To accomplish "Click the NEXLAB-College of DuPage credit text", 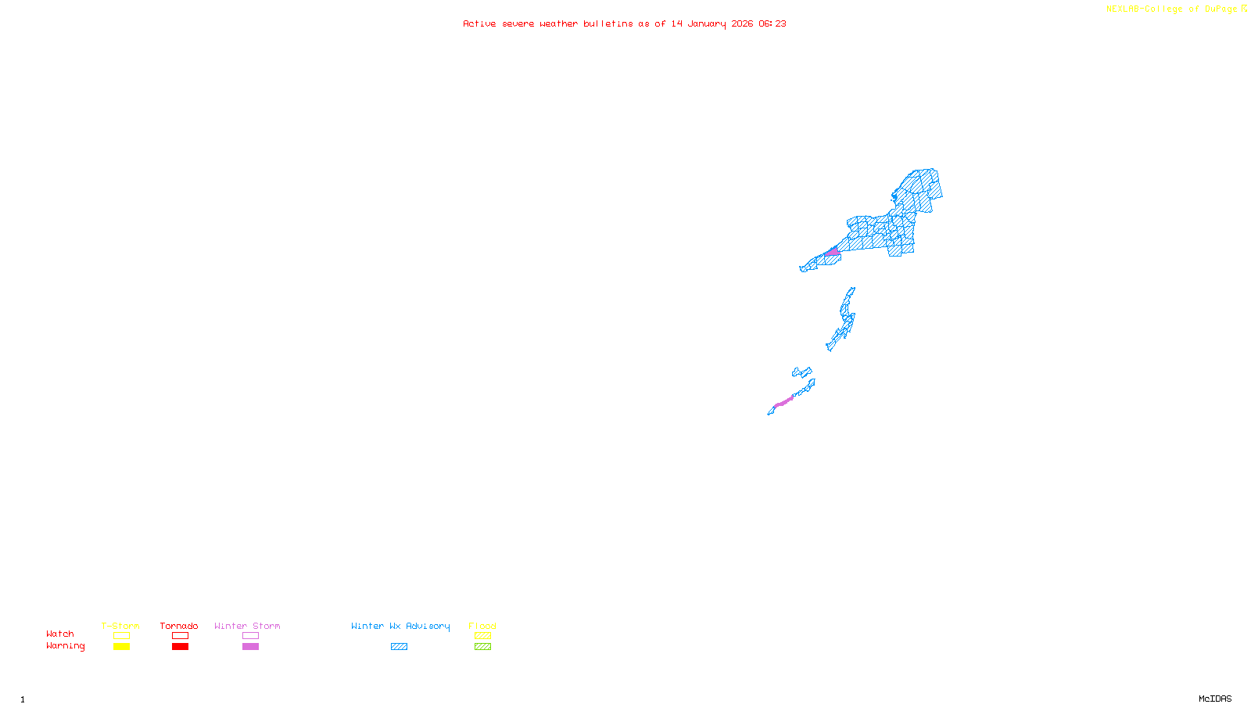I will coord(1176,9).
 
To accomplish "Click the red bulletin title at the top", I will coord(624,23).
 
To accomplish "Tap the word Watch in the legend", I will coord(60,634).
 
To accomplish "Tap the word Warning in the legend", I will coord(65,646).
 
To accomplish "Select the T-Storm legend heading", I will coord(120,626).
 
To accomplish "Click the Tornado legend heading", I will coord(179,626).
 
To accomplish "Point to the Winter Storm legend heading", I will coord(247,626).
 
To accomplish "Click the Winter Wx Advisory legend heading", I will coord(400,626).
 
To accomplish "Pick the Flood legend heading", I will coord(482,626).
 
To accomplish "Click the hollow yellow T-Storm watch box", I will coord(121,636).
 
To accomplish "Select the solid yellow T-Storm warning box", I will coord(121,647).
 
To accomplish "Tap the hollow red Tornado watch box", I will coord(180,636).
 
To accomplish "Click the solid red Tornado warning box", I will coord(180,647).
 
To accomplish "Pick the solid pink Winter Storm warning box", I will coord(250,647).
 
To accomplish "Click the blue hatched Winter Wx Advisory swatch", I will coord(399,647).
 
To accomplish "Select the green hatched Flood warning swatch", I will coord(482,647).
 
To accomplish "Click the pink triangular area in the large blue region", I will coord(833,252).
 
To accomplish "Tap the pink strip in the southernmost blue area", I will coord(783,402).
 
